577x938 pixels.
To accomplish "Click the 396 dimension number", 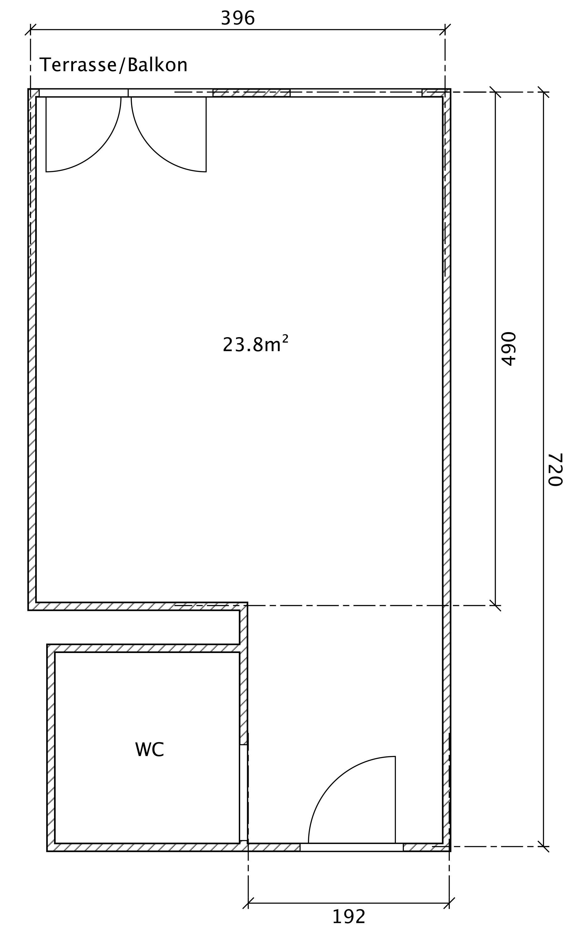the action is pos(238,18).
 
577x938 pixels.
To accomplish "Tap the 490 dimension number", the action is pos(508,349).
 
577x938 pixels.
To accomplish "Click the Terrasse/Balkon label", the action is pos(113,65).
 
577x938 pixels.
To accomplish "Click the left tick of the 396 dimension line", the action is pos(30,30).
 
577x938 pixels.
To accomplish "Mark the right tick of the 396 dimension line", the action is pos(445,30).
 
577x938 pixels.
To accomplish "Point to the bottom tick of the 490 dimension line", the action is pos(495,605).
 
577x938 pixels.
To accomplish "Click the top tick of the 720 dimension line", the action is pos(543,92).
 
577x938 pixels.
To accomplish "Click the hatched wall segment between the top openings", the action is pos(251,93).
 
